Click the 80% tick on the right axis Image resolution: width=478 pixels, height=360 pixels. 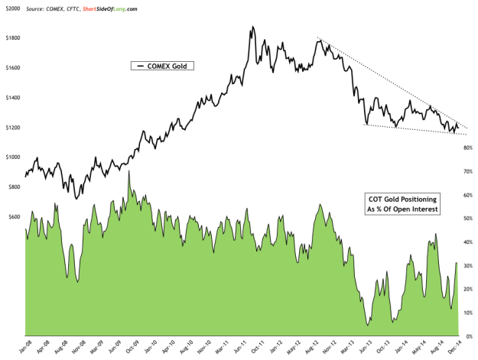pyautogui.click(x=463, y=148)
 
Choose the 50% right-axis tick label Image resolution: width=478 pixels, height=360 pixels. pyautogui.click(x=463, y=219)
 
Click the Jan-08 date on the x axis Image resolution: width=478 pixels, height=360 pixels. pyautogui.click(x=26, y=349)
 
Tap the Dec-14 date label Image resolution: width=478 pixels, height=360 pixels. pyautogui.click(x=457, y=349)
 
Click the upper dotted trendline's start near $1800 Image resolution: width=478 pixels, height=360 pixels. pyautogui.click(x=317, y=38)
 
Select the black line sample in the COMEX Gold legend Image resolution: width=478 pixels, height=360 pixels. pyautogui.click(x=141, y=66)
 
